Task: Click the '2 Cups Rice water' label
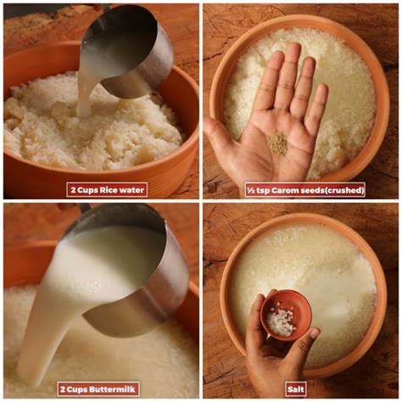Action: click(107, 190)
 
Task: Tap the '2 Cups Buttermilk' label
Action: click(98, 389)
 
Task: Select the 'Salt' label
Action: click(296, 389)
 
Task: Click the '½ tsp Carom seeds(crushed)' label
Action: click(304, 190)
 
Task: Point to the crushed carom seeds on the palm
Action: click(277, 143)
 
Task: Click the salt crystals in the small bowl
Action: click(281, 319)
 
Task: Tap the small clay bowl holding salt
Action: click(286, 315)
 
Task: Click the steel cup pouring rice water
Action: click(127, 51)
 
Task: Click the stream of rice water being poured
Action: click(85, 91)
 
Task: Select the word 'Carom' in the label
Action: click(283, 190)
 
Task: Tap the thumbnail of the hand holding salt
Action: click(315, 334)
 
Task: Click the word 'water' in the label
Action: click(131, 190)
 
